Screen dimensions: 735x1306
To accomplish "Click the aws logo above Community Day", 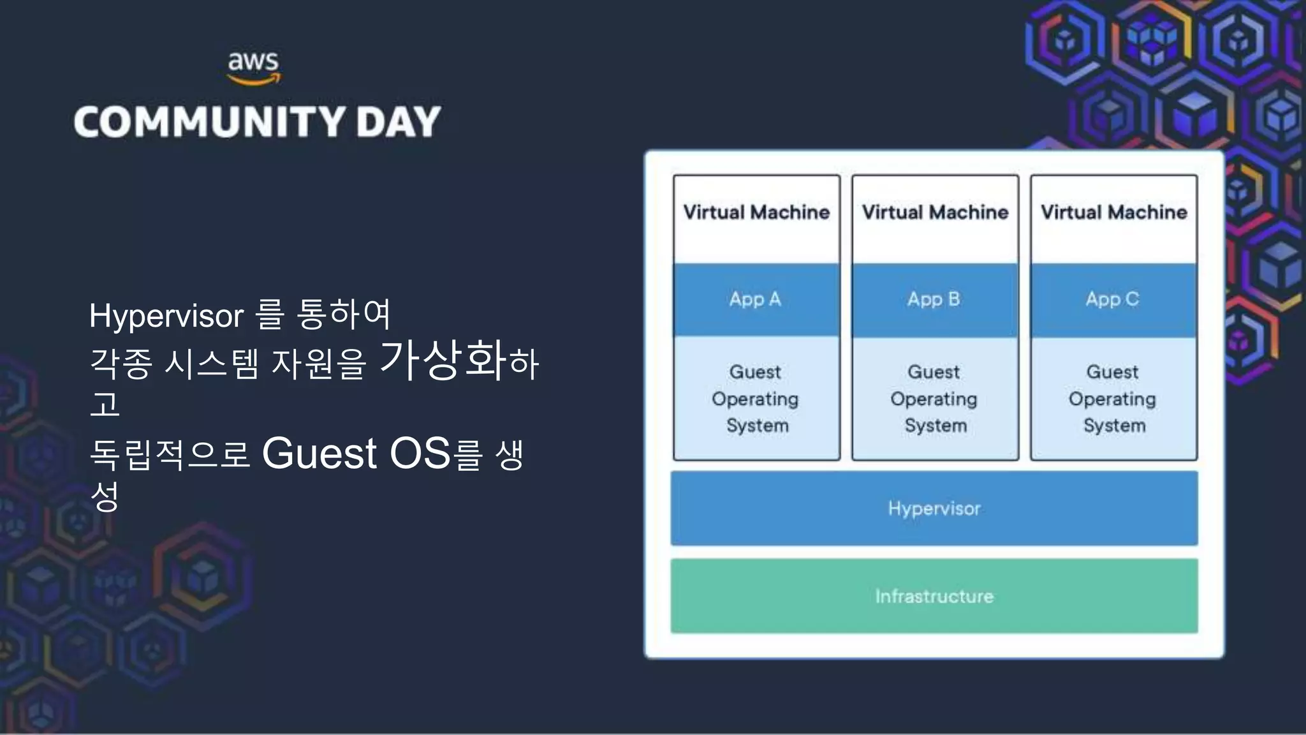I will [254, 68].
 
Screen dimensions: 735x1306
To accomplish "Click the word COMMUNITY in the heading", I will [209, 122].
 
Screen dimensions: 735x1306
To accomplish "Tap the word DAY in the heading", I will [399, 122].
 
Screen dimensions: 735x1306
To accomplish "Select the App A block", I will [756, 299].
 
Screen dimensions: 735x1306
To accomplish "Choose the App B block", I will [934, 299].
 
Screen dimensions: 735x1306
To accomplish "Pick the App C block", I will [1113, 299].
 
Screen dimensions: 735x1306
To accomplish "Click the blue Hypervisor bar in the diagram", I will [934, 509].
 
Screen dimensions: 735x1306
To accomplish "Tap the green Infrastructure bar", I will [934, 596].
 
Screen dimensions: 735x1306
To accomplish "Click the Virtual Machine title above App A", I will [756, 212].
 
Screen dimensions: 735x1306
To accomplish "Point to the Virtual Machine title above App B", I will [935, 212].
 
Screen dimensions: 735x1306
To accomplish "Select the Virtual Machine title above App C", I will [1113, 212].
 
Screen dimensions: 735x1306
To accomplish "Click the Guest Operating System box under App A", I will [756, 399].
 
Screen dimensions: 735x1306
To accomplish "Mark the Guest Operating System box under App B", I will [935, 399].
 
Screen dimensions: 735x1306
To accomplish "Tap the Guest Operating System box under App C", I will [1113, 399].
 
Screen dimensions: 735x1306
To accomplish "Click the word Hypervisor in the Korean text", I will [166, 316].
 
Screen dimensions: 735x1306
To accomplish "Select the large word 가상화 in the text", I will [444, 360].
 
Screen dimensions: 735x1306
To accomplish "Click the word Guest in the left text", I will [319, 454].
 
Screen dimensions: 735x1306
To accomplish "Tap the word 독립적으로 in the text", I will [170, 455].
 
